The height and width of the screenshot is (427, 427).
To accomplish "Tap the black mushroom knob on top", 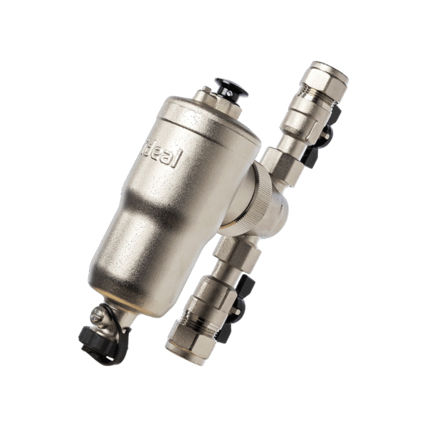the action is (231, 88).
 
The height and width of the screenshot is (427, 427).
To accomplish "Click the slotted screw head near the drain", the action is (97, 315).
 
